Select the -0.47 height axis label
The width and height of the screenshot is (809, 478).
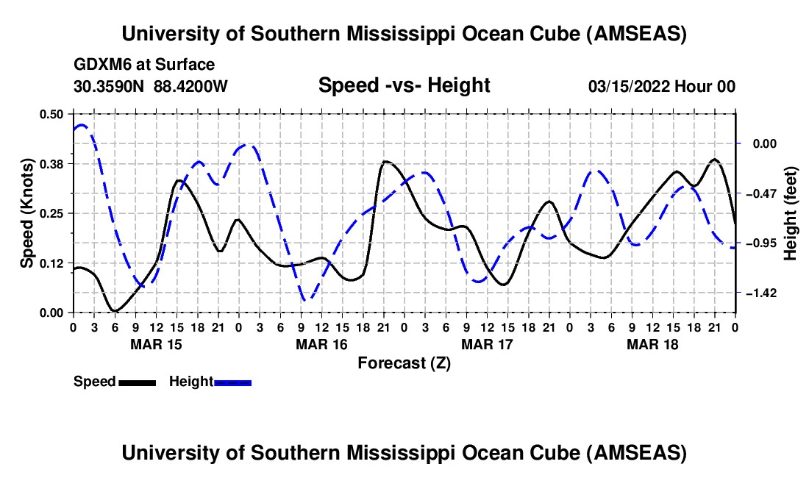758,193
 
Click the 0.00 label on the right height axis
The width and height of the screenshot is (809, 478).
761,144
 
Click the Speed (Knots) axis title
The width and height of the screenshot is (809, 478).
27,213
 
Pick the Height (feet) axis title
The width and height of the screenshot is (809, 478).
791,213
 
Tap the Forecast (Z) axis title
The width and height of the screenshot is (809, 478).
404,363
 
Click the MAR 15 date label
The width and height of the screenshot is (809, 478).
156,344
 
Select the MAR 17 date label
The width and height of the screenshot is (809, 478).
487,344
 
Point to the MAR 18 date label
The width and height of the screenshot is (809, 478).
652,344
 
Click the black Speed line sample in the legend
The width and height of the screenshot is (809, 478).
137,382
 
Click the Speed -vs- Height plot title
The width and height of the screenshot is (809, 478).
404,86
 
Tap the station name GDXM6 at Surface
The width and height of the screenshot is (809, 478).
144,65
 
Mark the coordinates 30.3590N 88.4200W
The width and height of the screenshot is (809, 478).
151,87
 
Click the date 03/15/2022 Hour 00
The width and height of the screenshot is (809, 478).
662,87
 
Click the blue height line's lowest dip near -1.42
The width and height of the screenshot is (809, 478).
307,299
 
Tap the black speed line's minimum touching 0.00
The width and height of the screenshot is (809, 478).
114,311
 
